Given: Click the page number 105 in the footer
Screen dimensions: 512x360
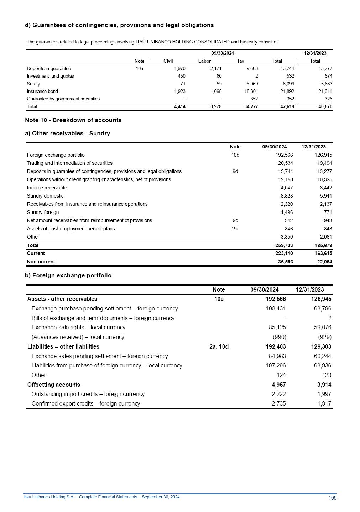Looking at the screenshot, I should coord(332,498).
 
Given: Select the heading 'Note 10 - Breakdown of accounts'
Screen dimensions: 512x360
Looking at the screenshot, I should coord(73,120).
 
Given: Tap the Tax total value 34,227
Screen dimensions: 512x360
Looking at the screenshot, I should coord(251,106).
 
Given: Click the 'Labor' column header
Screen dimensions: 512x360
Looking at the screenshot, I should coord(204,61).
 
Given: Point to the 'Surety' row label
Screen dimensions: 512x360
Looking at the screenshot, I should coord(33,84).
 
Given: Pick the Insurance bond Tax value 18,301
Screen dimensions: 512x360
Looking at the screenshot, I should coord(251,91).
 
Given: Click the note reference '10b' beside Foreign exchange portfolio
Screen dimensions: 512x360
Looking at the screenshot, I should coord(235,155).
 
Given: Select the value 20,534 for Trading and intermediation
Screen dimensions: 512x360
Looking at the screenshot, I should coord(285,163).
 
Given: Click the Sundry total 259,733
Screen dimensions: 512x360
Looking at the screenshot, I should coord(284,245).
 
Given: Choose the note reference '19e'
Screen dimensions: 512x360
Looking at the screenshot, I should coord(235,229).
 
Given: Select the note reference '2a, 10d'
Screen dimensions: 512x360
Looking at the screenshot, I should coord(219,346).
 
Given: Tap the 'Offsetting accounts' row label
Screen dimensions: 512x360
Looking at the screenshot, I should coord(54,385).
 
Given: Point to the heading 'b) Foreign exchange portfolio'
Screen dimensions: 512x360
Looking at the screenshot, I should coord(68,275).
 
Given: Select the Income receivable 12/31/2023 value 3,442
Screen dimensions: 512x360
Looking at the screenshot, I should coord(324,188).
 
